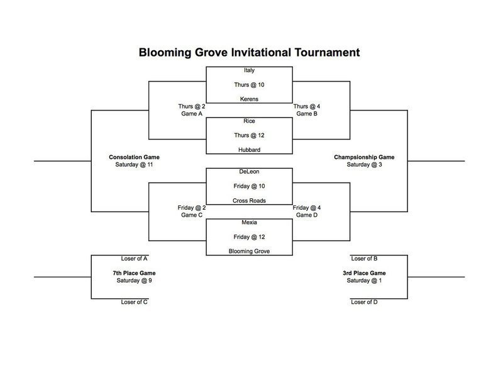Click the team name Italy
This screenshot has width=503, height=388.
click(x=249, y=70)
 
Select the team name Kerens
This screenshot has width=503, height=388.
click(x=249, y=99)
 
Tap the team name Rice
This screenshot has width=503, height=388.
click(x=249, y=121)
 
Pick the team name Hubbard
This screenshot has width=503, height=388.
click(x=249, y=149)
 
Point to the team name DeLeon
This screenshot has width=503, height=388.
click(x=249, y=171)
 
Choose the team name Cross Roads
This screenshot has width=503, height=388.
click(x=249, y=200)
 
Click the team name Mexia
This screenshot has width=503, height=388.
click(x=249, y=222)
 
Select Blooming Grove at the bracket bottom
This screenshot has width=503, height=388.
click(x=249, y=251)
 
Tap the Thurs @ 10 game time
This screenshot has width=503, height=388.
click(x=249, y=85)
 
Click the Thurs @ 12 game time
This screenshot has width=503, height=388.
click(x=249, y=135)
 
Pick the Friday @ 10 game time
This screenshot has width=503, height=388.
click(x=249, y=186)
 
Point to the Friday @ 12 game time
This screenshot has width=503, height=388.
click(x=249, y=236)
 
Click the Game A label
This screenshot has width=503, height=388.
click(x=192, y=114)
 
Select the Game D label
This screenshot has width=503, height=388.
click(x=307, y=215)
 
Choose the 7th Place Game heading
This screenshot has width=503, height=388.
click(x=134, y=273)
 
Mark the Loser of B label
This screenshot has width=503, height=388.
click(x=363, y=258)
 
